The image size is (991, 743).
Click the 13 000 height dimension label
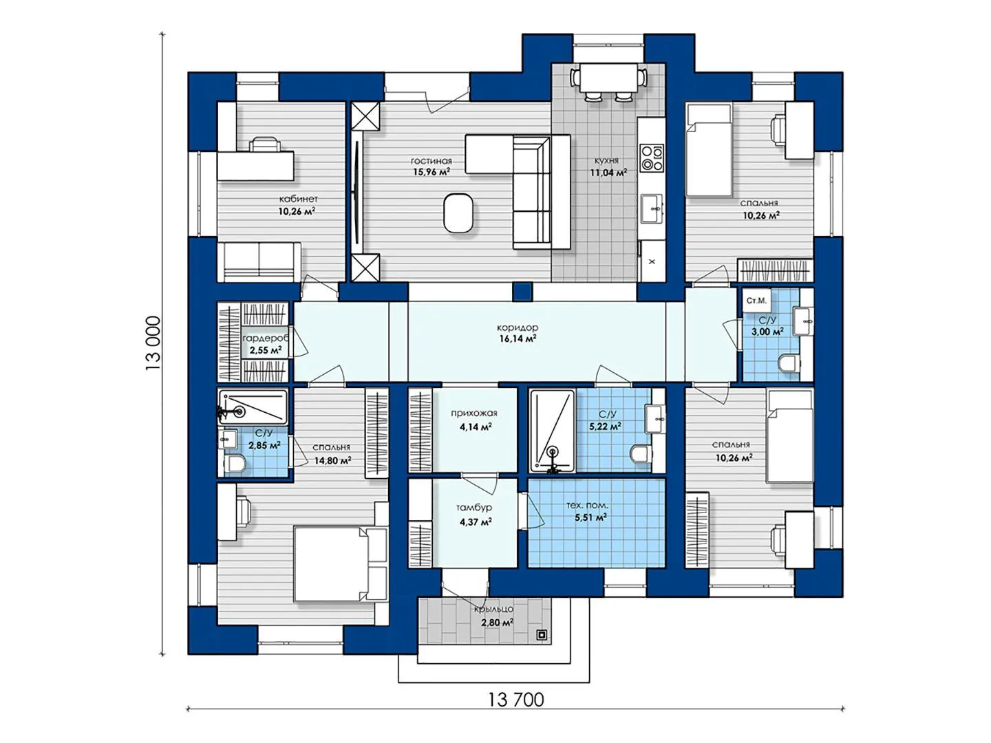(x=153, y=343)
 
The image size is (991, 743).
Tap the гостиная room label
(x=431, y=161)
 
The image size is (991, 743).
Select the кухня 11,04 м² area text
(x=608, y=172)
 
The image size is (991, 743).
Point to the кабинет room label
(x=298, y=199)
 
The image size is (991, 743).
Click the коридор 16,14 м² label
(x=518, y=333)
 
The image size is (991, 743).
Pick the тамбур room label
(x=473, y=508)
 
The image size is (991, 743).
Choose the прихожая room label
(x=473, y=413)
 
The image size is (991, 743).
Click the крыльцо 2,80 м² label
(x=493, y=616)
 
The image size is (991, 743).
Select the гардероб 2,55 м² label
(x=266, y=344)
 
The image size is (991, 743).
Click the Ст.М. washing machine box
(x=757, y=301)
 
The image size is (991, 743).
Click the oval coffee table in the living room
(x=459, y=213)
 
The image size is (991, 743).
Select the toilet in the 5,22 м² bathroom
(x=640, y=454)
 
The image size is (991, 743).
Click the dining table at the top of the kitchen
(x=608, y=78)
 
